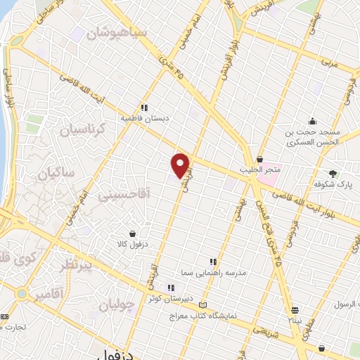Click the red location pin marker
click(181, 165)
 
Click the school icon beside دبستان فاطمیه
click(143, 108)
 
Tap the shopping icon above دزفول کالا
click(132, 233)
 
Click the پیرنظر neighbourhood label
click(72, 265)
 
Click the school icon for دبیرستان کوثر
click(170, 287)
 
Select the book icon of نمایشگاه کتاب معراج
click(204, 305)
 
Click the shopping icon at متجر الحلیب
click(259, 160)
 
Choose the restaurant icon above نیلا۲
click(295, 309)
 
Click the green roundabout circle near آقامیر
click(21, 293)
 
